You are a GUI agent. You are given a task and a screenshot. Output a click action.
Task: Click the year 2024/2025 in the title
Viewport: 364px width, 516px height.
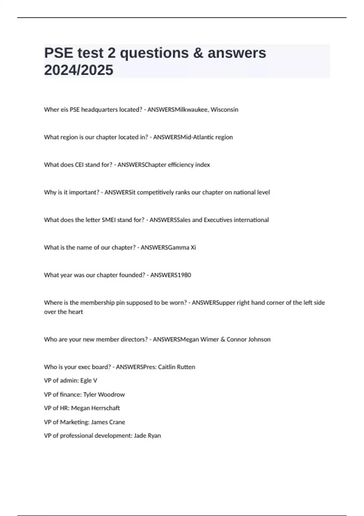click(x=79, y=70)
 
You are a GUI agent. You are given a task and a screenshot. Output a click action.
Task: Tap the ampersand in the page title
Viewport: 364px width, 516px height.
click(x=198, y=53)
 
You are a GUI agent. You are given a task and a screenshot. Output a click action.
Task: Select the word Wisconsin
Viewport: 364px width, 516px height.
click(x=224, y=110)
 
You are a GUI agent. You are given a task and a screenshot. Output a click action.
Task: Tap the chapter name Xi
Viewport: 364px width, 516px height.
click(x=193, y=248)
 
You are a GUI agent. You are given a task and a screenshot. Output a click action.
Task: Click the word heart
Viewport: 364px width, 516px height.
click(x=76, y=312)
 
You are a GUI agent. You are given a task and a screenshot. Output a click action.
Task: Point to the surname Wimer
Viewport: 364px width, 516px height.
click(x=210, y=340)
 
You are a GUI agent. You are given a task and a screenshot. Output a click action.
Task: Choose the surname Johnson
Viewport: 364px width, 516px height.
click(x=259, y=340)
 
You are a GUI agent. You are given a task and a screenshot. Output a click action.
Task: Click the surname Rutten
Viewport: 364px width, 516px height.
click(x=186, y=367)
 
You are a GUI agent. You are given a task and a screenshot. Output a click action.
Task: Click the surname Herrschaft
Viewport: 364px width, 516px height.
click(x=106, y=408)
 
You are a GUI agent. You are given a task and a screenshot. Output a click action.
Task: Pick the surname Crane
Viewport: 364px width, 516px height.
click(x=116, y=422)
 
